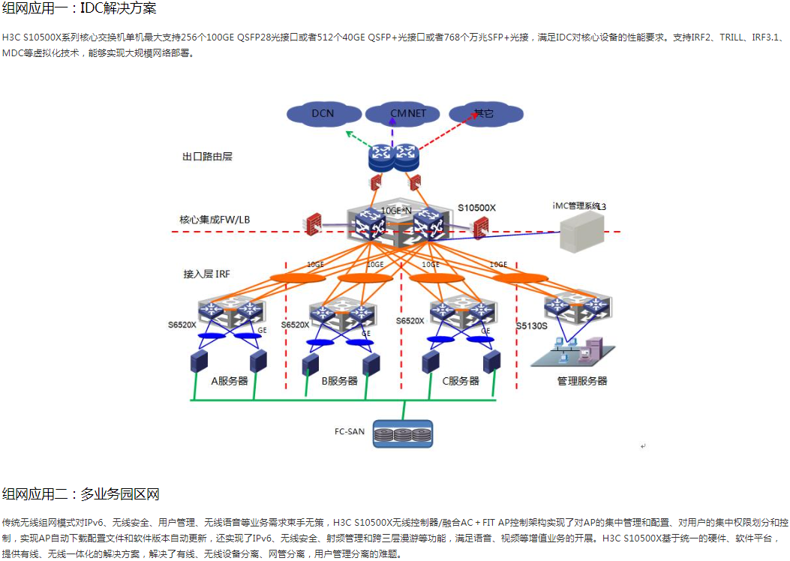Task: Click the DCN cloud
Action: pos(323,114)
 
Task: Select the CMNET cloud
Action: pos(407,113)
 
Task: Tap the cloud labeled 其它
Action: pos(485,114)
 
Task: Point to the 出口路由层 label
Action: pos(207,157)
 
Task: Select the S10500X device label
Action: pos(477,206)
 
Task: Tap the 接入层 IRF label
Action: pos(206,274)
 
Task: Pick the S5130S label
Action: pos(532,326)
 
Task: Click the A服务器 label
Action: pos(229,381)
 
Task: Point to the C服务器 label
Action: pos(460,381)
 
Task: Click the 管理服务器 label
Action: pos(581,381)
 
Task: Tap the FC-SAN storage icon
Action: pos(403,433)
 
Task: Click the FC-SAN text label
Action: pos(350,431)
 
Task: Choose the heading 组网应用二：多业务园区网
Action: pos(81,493)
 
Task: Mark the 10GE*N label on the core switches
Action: pos(396,210)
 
